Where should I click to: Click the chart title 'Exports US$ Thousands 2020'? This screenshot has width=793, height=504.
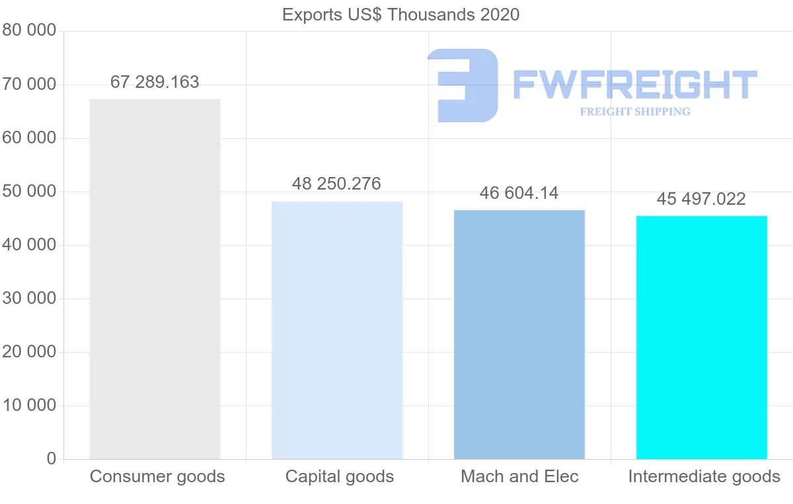[400, 15]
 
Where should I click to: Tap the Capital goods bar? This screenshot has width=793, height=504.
[337, 330]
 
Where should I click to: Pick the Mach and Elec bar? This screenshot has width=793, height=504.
[519, 334]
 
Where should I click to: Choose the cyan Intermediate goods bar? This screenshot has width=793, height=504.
[701, 337]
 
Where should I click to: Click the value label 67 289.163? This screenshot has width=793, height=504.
[155, 83]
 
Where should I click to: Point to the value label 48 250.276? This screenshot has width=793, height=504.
[336, 184]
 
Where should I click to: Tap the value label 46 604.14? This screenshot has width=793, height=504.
[519, 193]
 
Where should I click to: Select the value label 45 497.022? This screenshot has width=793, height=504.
[701, 199]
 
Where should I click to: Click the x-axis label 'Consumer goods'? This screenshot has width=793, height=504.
[157, 477]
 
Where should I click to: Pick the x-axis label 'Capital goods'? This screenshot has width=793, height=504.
[340, 477]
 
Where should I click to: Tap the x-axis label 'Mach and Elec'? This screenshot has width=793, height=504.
[519, 477]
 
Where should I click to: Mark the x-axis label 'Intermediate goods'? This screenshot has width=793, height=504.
[704, 477]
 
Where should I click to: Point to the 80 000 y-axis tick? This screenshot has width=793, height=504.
[29, 30]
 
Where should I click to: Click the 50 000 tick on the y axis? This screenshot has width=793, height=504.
[29, 192]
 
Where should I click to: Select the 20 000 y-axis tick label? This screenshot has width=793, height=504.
[29, 352]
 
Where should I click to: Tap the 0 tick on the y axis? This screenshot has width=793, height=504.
[52, 459]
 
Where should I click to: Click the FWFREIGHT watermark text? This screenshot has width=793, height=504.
[634, 86]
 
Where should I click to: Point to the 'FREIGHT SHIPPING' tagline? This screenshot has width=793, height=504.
[635, 112]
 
